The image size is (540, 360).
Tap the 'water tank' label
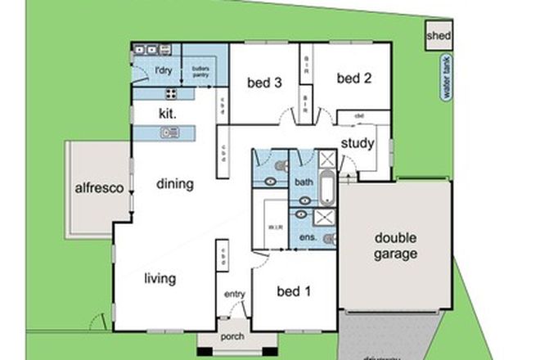tap(447, 82)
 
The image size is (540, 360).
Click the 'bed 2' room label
tap(354, 79)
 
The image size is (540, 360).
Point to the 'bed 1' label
tap(293, 291)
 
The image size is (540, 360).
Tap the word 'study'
tap(358, 144)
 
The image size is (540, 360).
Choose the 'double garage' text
tap(395, 245)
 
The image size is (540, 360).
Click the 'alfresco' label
tap(99, 187)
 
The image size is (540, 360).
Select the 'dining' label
tap(175, 184)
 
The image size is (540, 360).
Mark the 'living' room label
tap(160, 279)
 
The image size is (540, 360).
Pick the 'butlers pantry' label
tap(200, 72)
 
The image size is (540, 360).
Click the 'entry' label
tap(234, 295)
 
